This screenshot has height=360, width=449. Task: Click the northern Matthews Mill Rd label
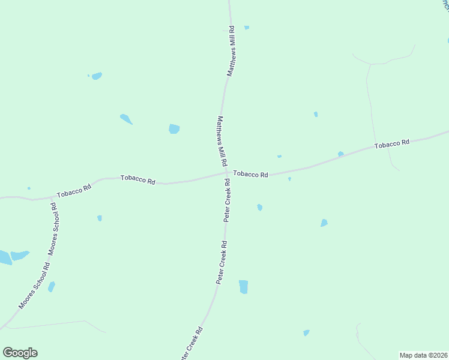(231, 50)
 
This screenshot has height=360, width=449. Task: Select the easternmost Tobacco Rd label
(391, 144)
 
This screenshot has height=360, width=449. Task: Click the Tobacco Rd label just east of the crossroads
(250, 174)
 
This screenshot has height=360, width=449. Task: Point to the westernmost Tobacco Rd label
(74, 191)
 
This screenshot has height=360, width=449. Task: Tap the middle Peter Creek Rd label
(221, 262)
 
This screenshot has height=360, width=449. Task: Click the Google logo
(20, 353)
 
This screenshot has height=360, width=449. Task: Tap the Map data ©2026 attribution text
(423, 355)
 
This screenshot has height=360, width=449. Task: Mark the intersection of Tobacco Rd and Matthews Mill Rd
(227, 173)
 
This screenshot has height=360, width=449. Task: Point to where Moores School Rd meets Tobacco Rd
(50, 197)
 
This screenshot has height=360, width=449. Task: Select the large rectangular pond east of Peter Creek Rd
(243, 286)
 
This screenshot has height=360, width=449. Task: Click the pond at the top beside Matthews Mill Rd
(247, 28)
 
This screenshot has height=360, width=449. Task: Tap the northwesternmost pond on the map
(96, 76)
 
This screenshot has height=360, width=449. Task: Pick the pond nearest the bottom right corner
(306, 332)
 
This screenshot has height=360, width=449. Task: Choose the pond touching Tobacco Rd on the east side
(340, 154)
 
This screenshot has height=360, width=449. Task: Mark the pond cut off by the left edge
(4, 258)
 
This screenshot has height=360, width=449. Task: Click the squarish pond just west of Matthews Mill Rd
(174, 128)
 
